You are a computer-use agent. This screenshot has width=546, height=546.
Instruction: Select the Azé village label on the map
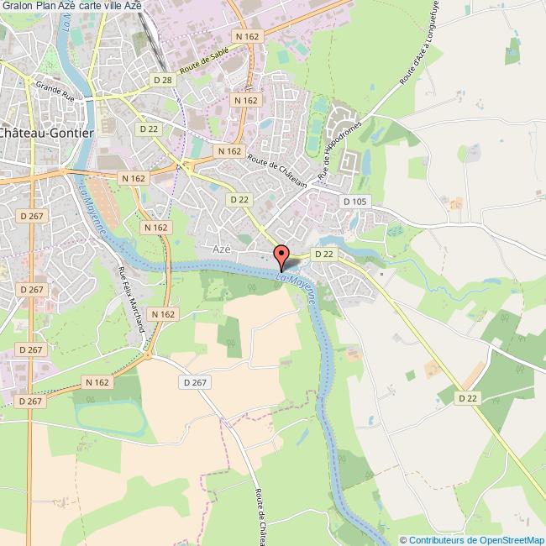coord(222,249)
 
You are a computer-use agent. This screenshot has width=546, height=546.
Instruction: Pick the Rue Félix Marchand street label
coord(133,299)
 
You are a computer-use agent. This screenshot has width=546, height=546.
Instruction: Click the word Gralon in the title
coord(18,7)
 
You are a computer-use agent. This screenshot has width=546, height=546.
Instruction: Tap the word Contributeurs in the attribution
coord(433,539)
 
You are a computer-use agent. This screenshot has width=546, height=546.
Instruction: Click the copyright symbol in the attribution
coord(403,539)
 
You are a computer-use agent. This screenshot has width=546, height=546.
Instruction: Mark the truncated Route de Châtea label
coord(260,513)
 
